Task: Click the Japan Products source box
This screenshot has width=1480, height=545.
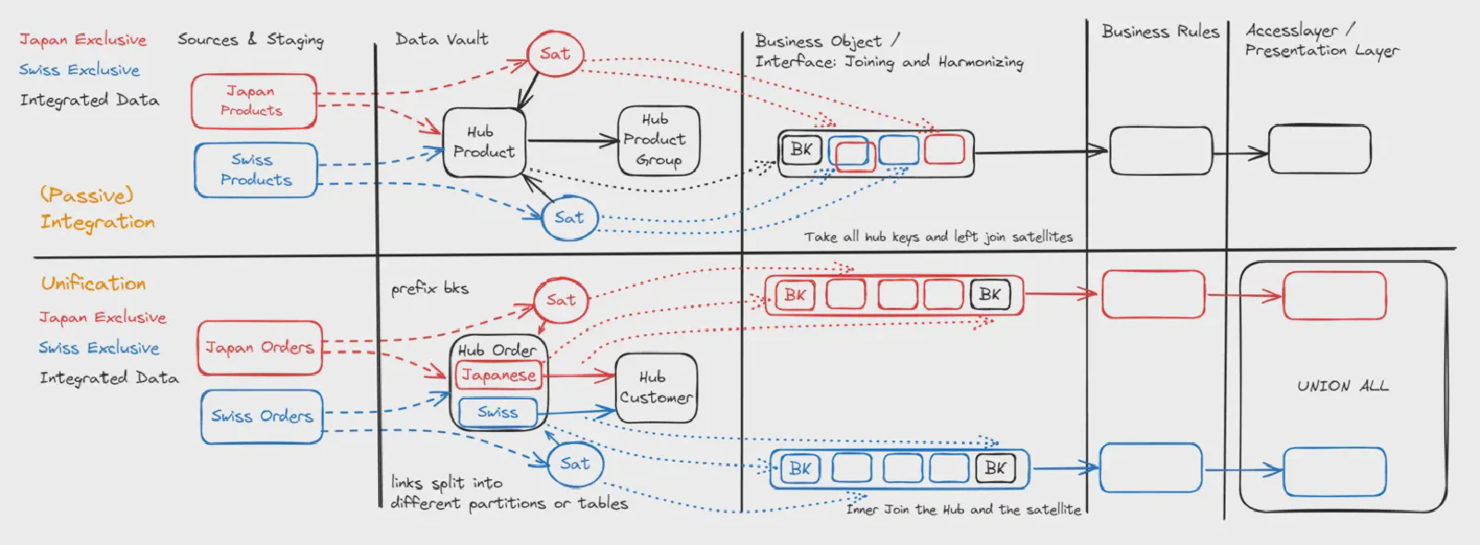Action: (253, 101)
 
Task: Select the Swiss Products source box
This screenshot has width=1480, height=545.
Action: (255, 170)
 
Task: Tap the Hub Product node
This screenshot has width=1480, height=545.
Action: (484, 142)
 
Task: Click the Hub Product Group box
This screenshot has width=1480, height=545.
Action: (658, 140)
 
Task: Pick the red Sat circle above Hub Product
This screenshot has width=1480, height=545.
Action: (555, 54)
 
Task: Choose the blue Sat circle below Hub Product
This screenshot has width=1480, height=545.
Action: (569, 218)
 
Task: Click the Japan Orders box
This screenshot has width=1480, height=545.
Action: (260, 348)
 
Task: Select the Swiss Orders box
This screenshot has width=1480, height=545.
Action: (262, 416)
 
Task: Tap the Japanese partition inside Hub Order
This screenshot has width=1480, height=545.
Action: (499, 375)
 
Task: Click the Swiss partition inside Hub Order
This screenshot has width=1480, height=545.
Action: (498, 413)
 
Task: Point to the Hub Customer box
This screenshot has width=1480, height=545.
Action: (655, 388)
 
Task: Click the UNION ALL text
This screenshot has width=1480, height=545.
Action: (1342, 386)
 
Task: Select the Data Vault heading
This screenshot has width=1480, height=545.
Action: (441, 39)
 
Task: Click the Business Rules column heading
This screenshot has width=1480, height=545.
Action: (1160, 31)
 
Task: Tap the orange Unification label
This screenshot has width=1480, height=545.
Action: (93, 283)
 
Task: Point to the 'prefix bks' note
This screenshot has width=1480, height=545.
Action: (430, 289)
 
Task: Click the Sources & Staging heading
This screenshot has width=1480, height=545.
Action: (251, 40)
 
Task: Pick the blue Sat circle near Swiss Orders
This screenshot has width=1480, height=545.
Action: (574, 464)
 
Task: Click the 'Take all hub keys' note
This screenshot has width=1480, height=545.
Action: (938, 238)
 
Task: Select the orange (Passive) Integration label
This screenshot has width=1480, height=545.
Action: (96, 209)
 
